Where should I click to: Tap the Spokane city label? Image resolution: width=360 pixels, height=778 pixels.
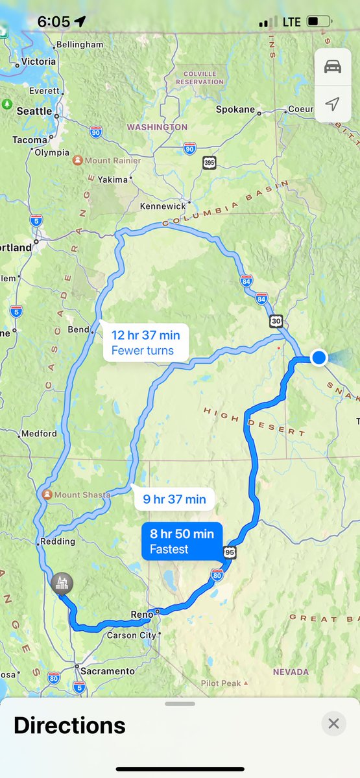tap(235, 110)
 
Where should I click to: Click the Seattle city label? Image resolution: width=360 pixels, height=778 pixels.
tap(34, 111)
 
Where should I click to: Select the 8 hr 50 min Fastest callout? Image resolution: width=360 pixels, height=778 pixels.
tap(182, 541)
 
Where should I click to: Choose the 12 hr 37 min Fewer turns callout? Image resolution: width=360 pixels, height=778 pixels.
tap(145, 343)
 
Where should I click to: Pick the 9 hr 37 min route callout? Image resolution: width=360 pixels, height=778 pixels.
tap(174, 499)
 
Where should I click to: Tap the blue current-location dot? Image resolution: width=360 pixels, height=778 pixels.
tap(318, 357)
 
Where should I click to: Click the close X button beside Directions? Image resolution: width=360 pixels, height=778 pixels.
tap(333, 724)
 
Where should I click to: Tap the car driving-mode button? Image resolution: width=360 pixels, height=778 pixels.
tap(332, 67)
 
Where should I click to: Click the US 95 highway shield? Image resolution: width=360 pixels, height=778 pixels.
tap(230, 552)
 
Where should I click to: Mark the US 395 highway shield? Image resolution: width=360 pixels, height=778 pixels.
tap(209, 162)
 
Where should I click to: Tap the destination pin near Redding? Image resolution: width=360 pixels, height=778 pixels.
tap(62, 583)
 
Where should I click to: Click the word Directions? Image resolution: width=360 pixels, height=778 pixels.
tap(69, 725)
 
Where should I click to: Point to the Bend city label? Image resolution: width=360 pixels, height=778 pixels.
tap(78, 329)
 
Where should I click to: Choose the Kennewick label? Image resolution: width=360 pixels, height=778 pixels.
tap(162, 206)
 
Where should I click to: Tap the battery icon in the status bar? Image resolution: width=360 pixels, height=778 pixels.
tap(318, 21)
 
